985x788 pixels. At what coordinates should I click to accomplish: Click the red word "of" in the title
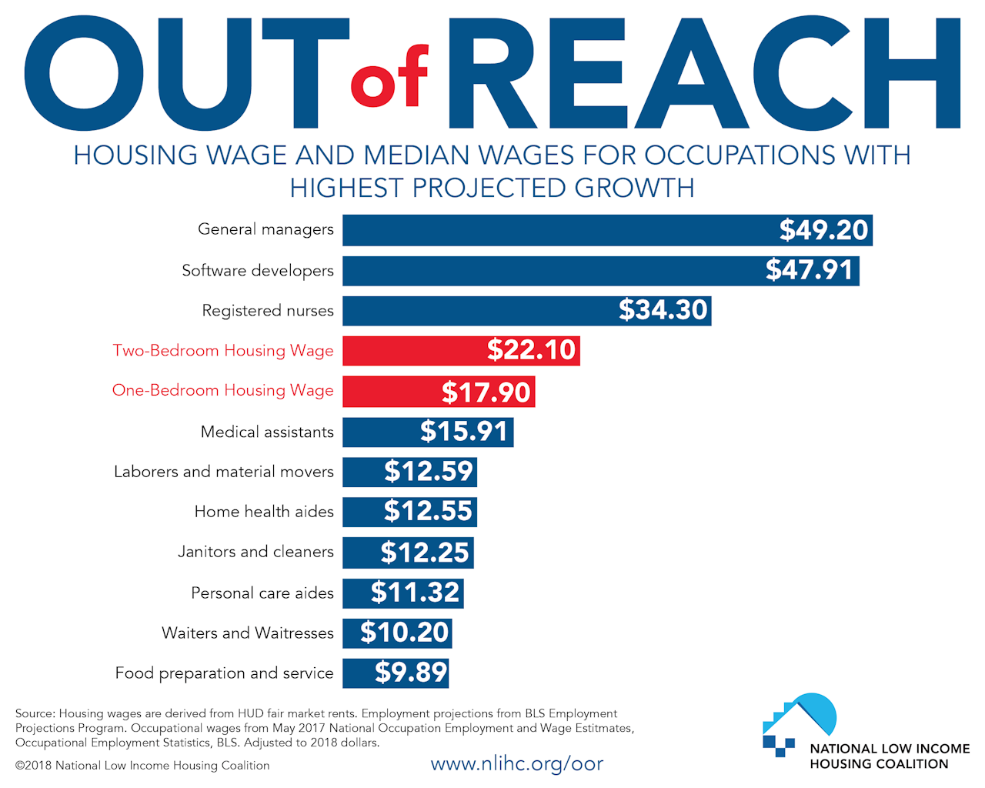[x=389, y=78]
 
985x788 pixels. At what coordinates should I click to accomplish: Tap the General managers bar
[x=554, y=230]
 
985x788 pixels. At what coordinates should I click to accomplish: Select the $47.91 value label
[x=809, y=270]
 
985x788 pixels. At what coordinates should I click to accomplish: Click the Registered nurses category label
[x=268, y=311]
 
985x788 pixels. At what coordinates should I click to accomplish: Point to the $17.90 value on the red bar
[x=486, y=392]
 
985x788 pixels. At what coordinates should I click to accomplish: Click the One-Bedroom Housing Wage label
[x=223, y=391]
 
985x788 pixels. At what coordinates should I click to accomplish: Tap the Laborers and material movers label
[x=224, y=472]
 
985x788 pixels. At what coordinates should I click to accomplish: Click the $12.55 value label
[x=428, y=512]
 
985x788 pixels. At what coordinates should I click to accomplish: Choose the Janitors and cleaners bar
[x=362, y=553]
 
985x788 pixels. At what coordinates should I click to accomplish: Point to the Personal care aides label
[x=262, y=593]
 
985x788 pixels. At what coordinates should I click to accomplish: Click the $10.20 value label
[x=405, y=633]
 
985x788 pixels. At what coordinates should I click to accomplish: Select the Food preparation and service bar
[x=358, y=673]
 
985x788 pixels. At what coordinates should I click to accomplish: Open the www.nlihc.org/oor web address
[x=516, y=764]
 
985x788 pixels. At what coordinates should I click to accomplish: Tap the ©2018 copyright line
[x=142, y=766]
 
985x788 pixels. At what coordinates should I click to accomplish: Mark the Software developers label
[x=258, y=271]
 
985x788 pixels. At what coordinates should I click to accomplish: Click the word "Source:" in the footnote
[x=35, y=713]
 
